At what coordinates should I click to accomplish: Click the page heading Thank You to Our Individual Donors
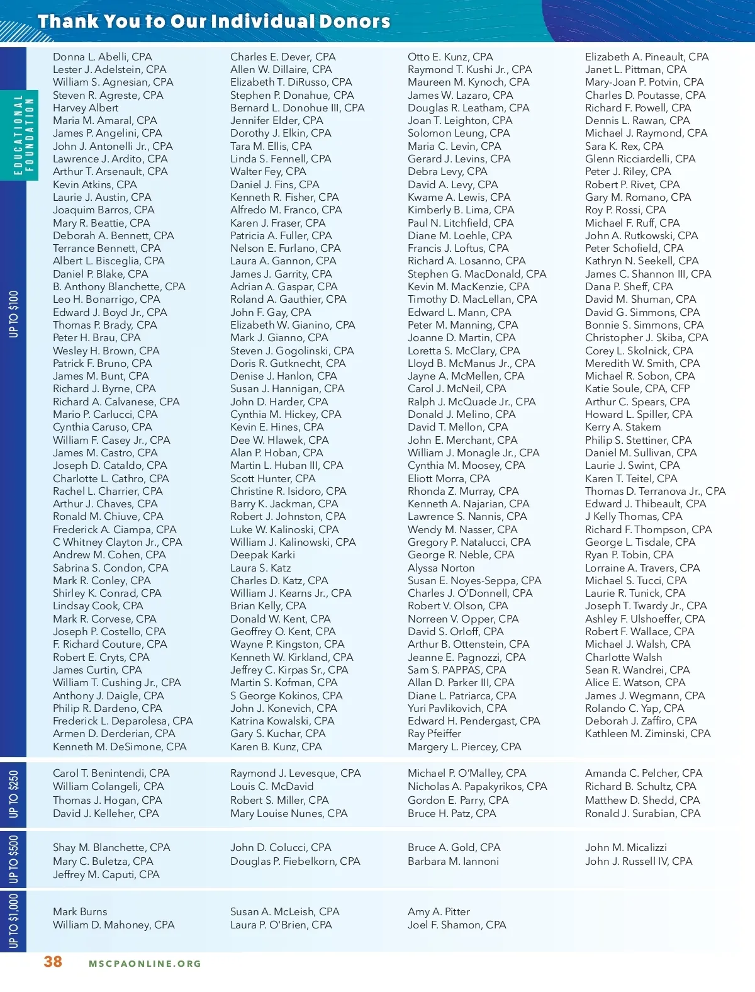tap(214, 21)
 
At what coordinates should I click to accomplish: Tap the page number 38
tap(53, 961)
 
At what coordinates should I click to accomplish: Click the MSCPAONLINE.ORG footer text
tap(145, 963)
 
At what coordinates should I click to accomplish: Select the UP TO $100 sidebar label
tap(14, 313)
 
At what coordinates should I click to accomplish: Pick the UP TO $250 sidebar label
tap(14, 794)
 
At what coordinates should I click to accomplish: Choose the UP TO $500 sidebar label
tap(14, 859)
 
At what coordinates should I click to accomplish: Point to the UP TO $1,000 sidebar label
tap(14, 921)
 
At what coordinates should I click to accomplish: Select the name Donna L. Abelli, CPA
tap(103, 57)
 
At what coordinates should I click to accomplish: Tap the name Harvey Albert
tap(86, 108)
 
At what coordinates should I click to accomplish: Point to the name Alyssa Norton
tap(441, 568)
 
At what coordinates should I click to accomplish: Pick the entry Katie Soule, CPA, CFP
tap(637, 388)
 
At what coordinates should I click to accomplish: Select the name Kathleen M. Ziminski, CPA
tap(647, 733)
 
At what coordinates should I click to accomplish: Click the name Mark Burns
tap(80, 911)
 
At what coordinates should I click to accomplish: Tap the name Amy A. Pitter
tap(439, 911)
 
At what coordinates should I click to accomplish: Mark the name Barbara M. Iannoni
tap(453, 861)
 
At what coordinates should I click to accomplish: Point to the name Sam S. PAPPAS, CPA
tap(457, 670)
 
